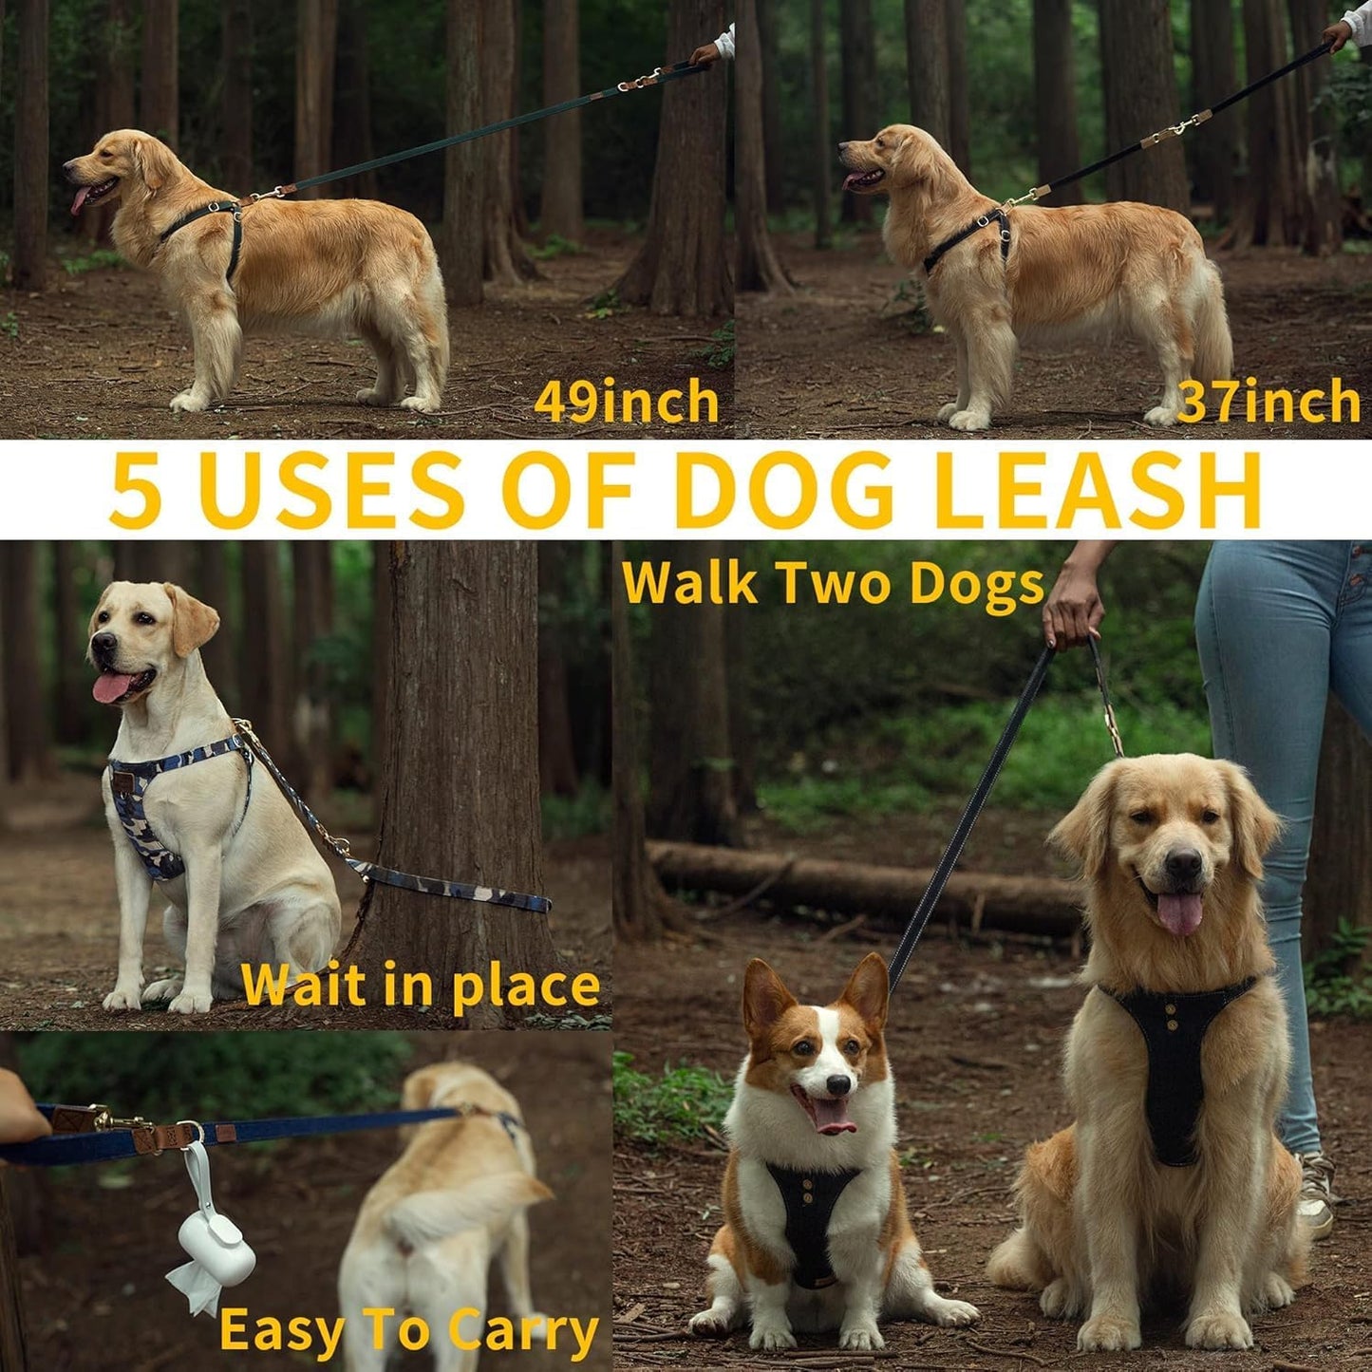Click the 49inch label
click(x=627, y=401)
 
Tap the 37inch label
click(x=1269, y=401)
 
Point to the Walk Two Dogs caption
click(x=834, y=583)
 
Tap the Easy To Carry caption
click(x=408, y=1331)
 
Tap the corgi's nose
click(x=836, y=1084)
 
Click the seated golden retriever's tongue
click(x=1180, y=912)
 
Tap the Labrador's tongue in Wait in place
click(x=112, y=686)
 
